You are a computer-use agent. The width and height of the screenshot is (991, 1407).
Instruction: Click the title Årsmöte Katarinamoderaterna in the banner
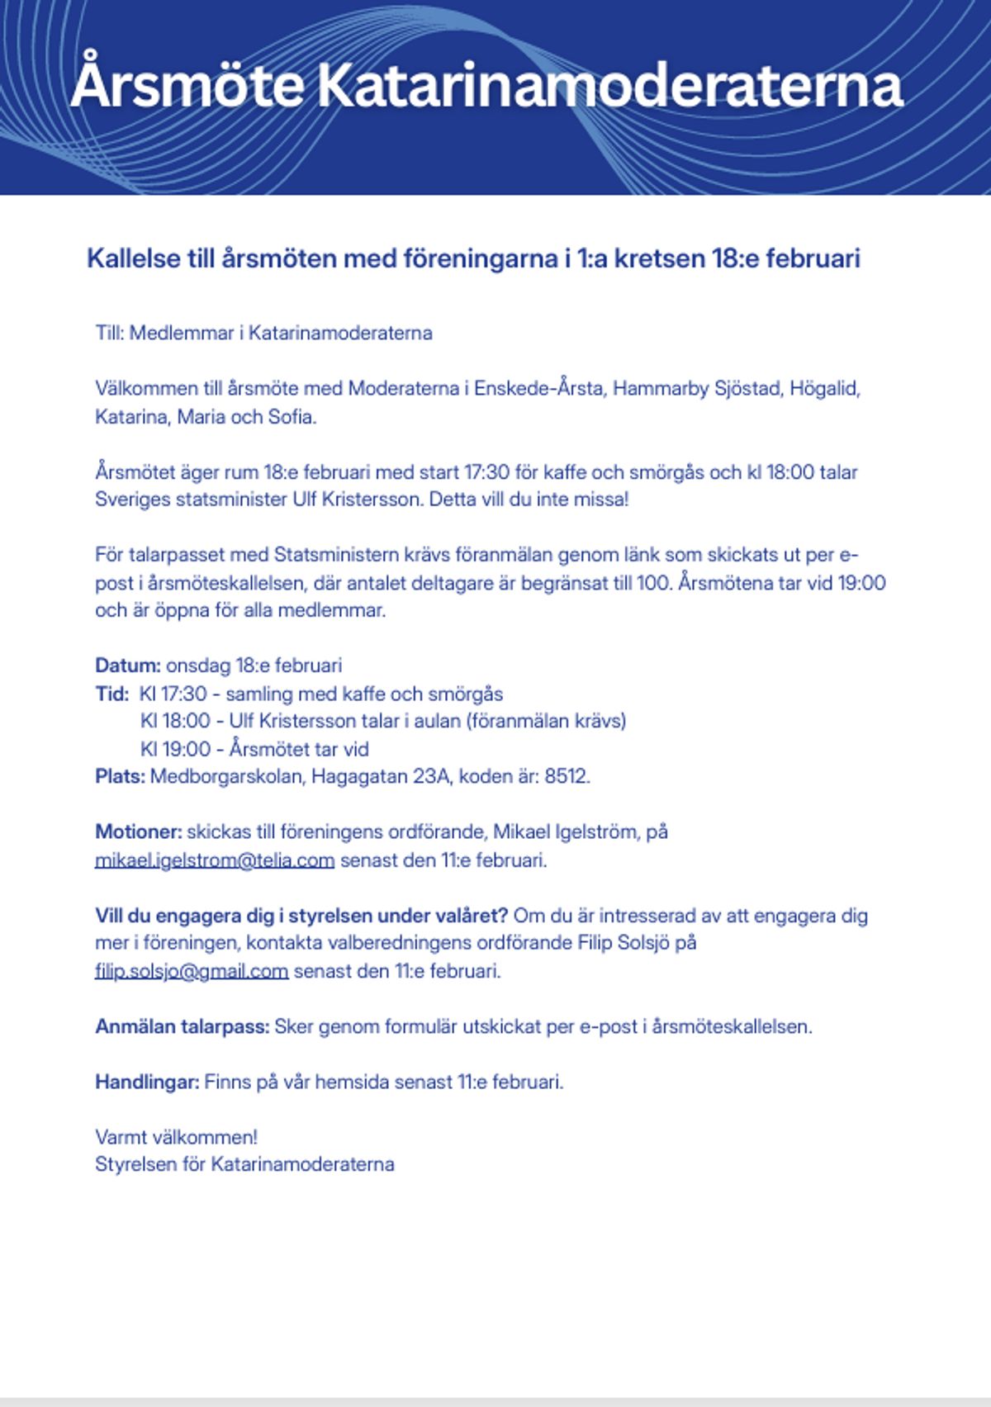pyautogui.click(x=487, y=86)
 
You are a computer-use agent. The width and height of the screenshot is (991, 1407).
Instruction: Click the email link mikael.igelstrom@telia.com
pyautogui.click(x=215, y=860)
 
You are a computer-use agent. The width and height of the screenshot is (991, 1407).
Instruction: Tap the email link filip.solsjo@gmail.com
pyautogui.click(x=192, y=971)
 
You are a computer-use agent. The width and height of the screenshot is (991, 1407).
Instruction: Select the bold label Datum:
pyautogui.click(x=128, y=666)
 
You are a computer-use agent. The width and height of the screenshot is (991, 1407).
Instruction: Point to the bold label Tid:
pyautogui.click(x=111, y=694)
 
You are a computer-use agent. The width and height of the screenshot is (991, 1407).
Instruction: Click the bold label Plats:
pyautogui.click(x=120, y=777)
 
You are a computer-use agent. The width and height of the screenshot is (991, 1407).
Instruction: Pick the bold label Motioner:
pyautogui.click(x=138, y=832)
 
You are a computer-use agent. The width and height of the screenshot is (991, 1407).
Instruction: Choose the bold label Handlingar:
pyautogui.click(x=147, y=1082)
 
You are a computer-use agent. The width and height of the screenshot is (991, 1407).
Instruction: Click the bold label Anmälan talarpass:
pyautogui.click(x=182, y=1027)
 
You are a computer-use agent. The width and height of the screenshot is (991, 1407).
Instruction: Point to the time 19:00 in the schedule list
pyautogui.click(x=187, y=750)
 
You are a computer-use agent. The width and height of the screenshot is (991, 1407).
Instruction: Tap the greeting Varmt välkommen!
pyautogui.click(x=176, y=1137)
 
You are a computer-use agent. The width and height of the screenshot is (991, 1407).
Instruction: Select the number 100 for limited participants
pyautogui.click(x=652, y=583)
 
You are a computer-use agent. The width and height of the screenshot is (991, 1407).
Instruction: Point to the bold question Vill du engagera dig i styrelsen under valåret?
pyautogui.click(x=301, y=916)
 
